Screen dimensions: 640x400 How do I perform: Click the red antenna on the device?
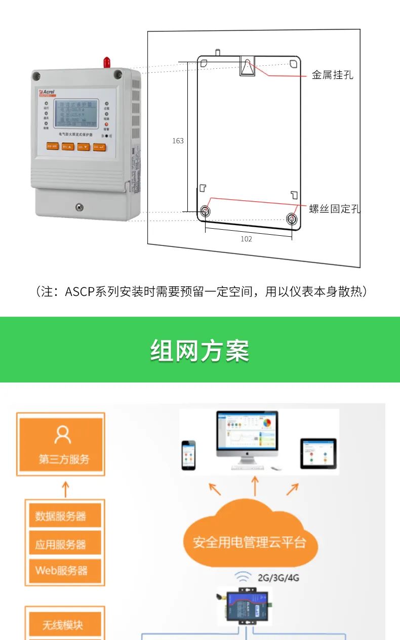pyautogui.click(x=107, y=62)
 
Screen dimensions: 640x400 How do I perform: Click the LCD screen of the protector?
pyautogui.click(x=75, y=113)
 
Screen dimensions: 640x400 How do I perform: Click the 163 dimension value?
pyautogui.click(x=178, y=141)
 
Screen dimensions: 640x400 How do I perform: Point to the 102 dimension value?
pyautogui.click(x=246, y=239)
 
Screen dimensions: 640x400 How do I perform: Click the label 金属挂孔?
pyautogui.click(x=332, y=75)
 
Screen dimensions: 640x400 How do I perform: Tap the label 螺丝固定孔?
pyautogui.click(x=335, y=209)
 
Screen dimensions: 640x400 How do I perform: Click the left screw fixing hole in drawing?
pyautogui.click(x=205, y=211)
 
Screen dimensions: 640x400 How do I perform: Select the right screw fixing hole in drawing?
pyautogui.click(x=292, y=219)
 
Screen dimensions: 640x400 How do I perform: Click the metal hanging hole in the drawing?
pyautogui.click(x=247, y=66)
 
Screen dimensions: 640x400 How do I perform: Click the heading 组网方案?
pyautogui.click(x=199, y=351)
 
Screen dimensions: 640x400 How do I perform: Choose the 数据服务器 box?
pyautogui.click(x=64, y=516)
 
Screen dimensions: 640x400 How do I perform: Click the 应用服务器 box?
pyautogui.click(x=64, y=544)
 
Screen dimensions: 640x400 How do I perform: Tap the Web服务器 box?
pyautogui.click(x=64, y=571)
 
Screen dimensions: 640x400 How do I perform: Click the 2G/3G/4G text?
pyautogui.click(x=278, y=577)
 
